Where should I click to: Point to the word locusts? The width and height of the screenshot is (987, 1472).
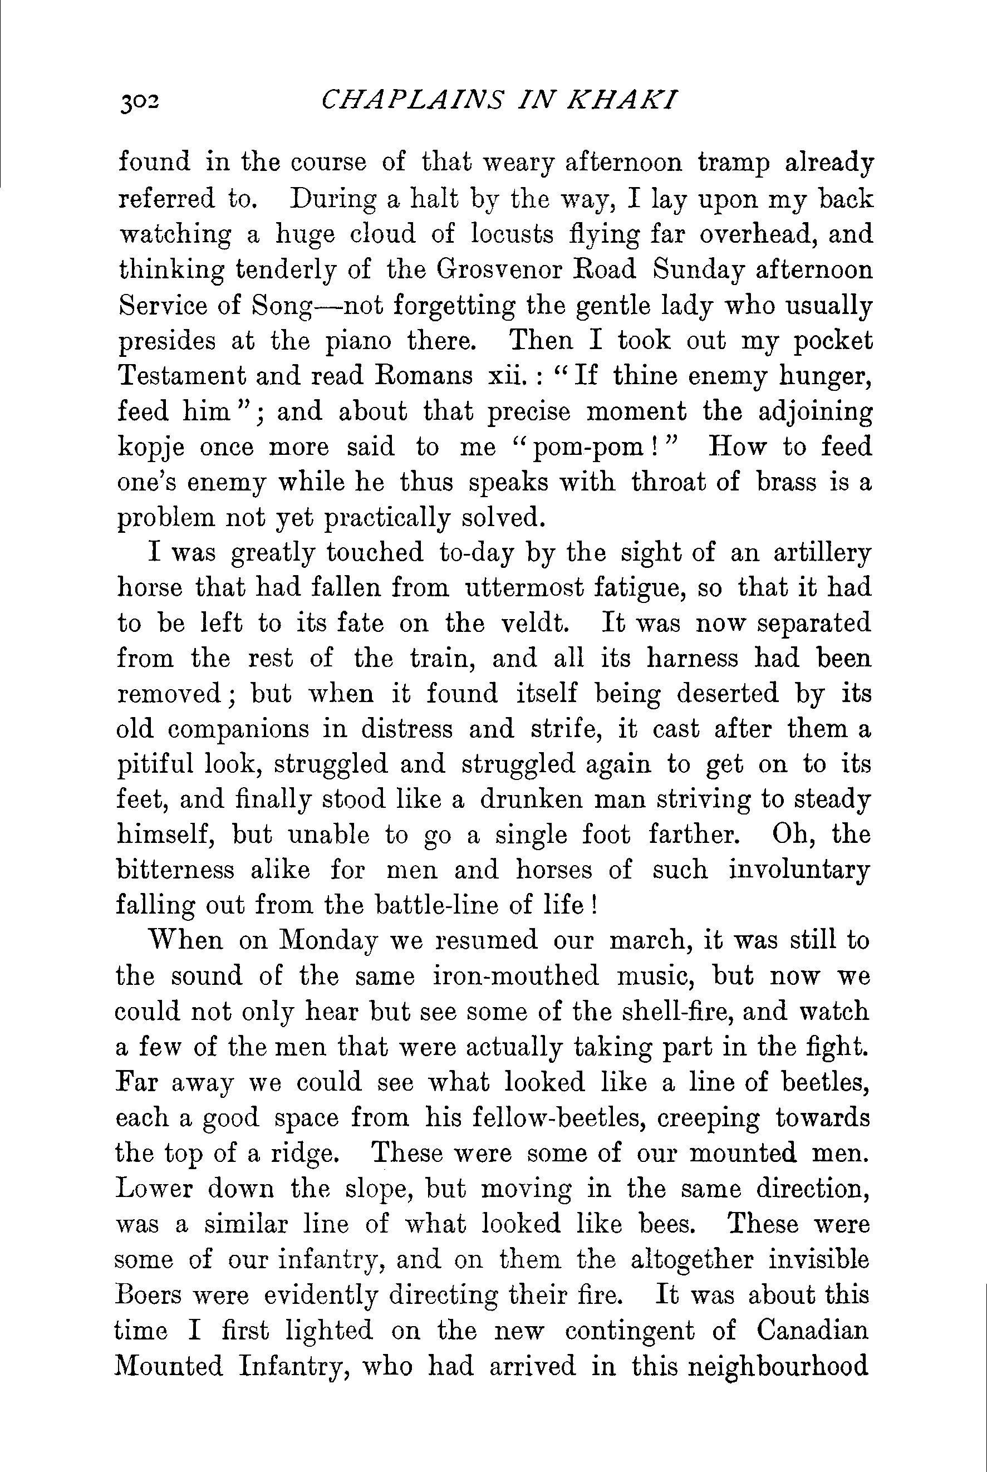click(513, 234)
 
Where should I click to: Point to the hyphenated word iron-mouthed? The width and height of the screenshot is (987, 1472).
click(515, 976)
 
